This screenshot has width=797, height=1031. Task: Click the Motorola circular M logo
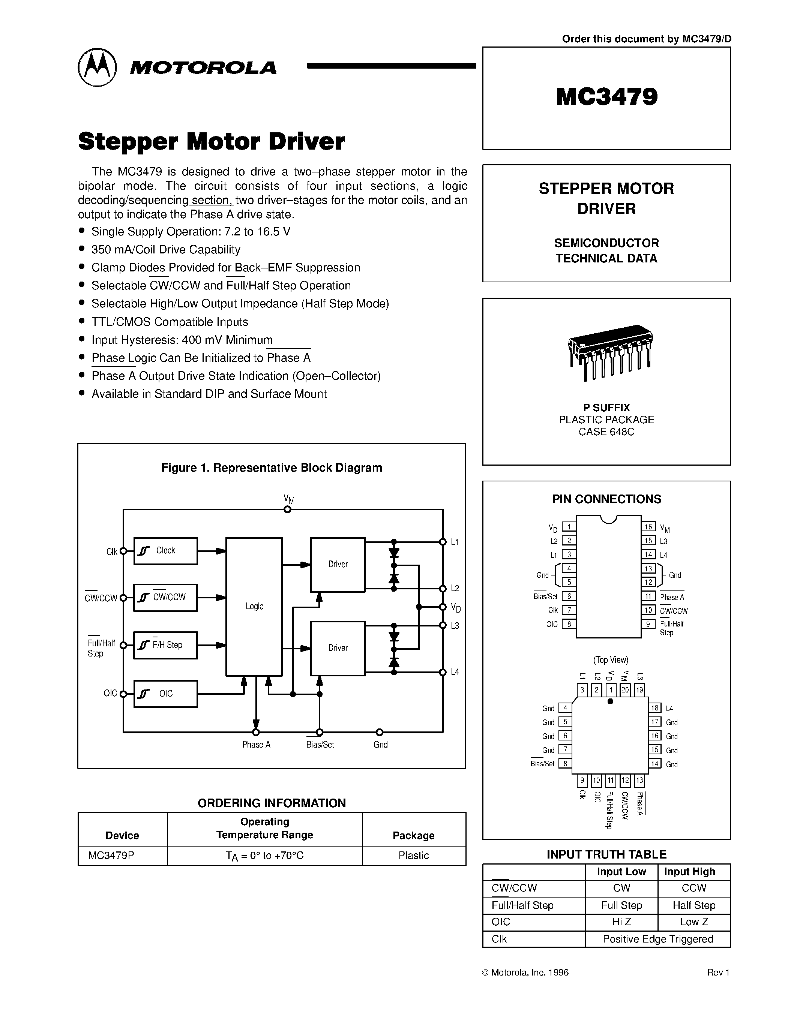click(x=97, y=67)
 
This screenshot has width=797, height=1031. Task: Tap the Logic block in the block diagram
click(x=254, y=607)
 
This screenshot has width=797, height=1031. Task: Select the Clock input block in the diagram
click(x=165, y=550)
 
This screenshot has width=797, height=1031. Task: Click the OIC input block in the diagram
click(x=165, y=694)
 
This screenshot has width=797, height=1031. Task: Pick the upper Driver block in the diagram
click(x=338, y=564)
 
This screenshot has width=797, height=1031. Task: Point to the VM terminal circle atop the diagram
click(x=287, y=510)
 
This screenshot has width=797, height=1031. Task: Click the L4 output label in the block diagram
click(x=455, y=672)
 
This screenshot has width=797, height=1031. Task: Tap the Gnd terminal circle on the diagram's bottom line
click(x=379, y=732)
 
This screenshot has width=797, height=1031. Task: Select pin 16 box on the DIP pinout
click(x=648, y=527)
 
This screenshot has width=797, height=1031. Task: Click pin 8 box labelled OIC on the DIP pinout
click(x=569, y=624)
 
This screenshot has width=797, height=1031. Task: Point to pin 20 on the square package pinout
click(x=625, y=690)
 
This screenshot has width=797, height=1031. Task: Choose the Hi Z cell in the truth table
click(x=621, y=922)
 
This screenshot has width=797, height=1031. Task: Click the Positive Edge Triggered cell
click(x=658, y=939)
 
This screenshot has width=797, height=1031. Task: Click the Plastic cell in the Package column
click(x=414, y=856)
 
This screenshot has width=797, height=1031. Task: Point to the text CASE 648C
click(x=606, y=432)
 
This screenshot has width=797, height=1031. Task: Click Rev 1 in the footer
click(x=718, y=973)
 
